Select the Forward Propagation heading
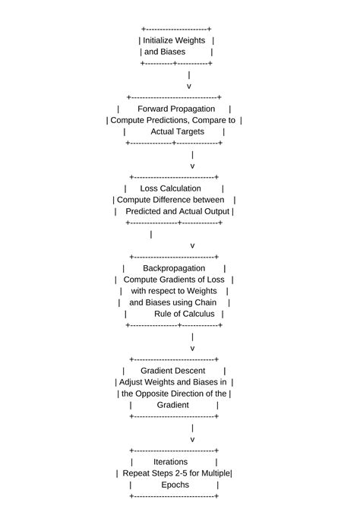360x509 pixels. click(176, 109)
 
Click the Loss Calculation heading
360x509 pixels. click(171, 188)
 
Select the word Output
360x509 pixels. click(215, 211)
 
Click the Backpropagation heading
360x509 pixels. click(174, 268)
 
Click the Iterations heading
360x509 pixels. click(171, 462)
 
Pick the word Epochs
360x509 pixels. click(175, 485)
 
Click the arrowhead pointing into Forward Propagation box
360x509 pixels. click(189, 87)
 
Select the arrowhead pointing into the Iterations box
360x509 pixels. click(192, 440)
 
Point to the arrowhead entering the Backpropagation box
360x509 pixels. click(192, 246)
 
